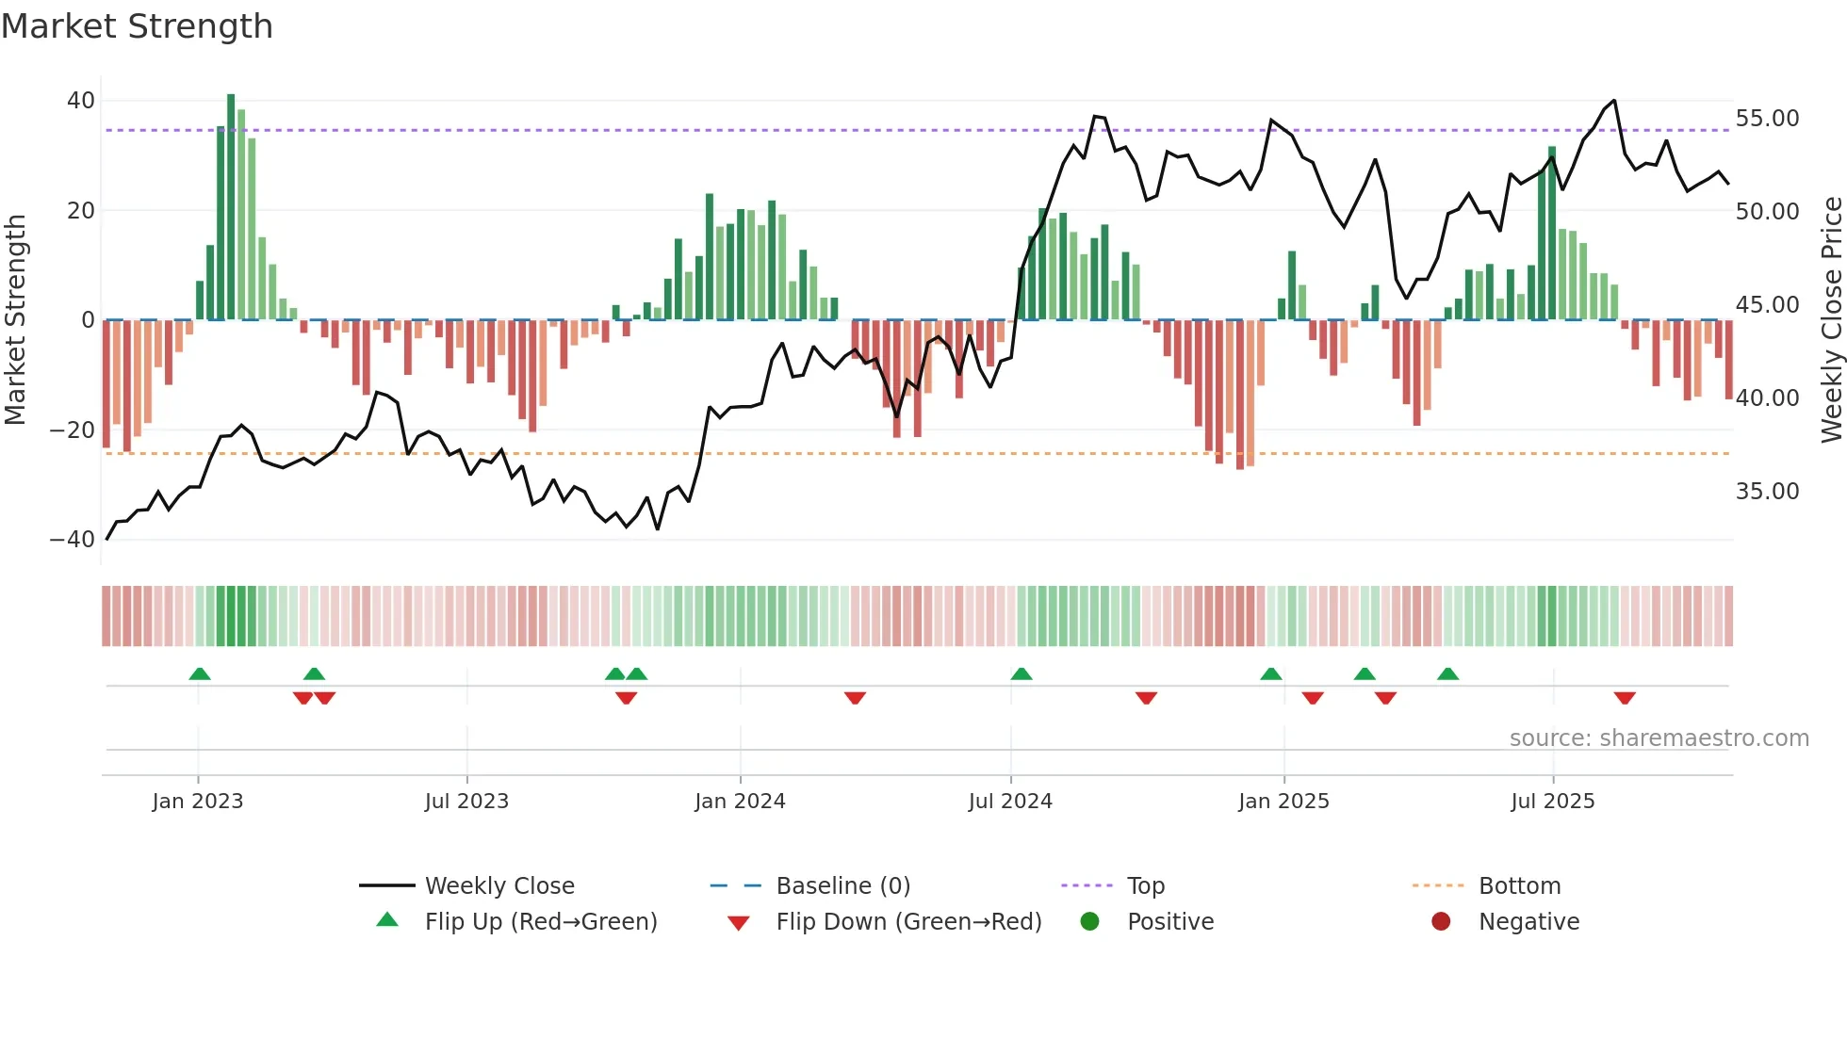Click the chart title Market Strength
[x=137, y=26]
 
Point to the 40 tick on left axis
[x=81, y=101]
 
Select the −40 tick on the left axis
[x=73, y=540]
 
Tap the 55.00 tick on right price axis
[x=1767, y=119]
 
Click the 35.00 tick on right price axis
[x=1767, y=492]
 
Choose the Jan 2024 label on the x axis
[x=740, y=802]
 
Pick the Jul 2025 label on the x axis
[x=1552, y=802]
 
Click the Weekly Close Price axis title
[x=1831, y=320]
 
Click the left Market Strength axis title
[x=16, y=320]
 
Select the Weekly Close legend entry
[x=499, y=886]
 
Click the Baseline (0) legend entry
[x=842, y=886]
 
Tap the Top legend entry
[x=1146, y=886]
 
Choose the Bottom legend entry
[x=1519, y=886]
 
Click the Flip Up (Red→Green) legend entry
[x=540, y=922]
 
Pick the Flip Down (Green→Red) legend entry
[x=908, y=922]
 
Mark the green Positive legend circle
[x=1090, y=922]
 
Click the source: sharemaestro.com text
[x=1659, y=738]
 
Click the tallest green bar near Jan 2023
[x=231, y=207]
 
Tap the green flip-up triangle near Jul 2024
[x=1022, y=674]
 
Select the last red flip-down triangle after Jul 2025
[x=1625, y=698]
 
